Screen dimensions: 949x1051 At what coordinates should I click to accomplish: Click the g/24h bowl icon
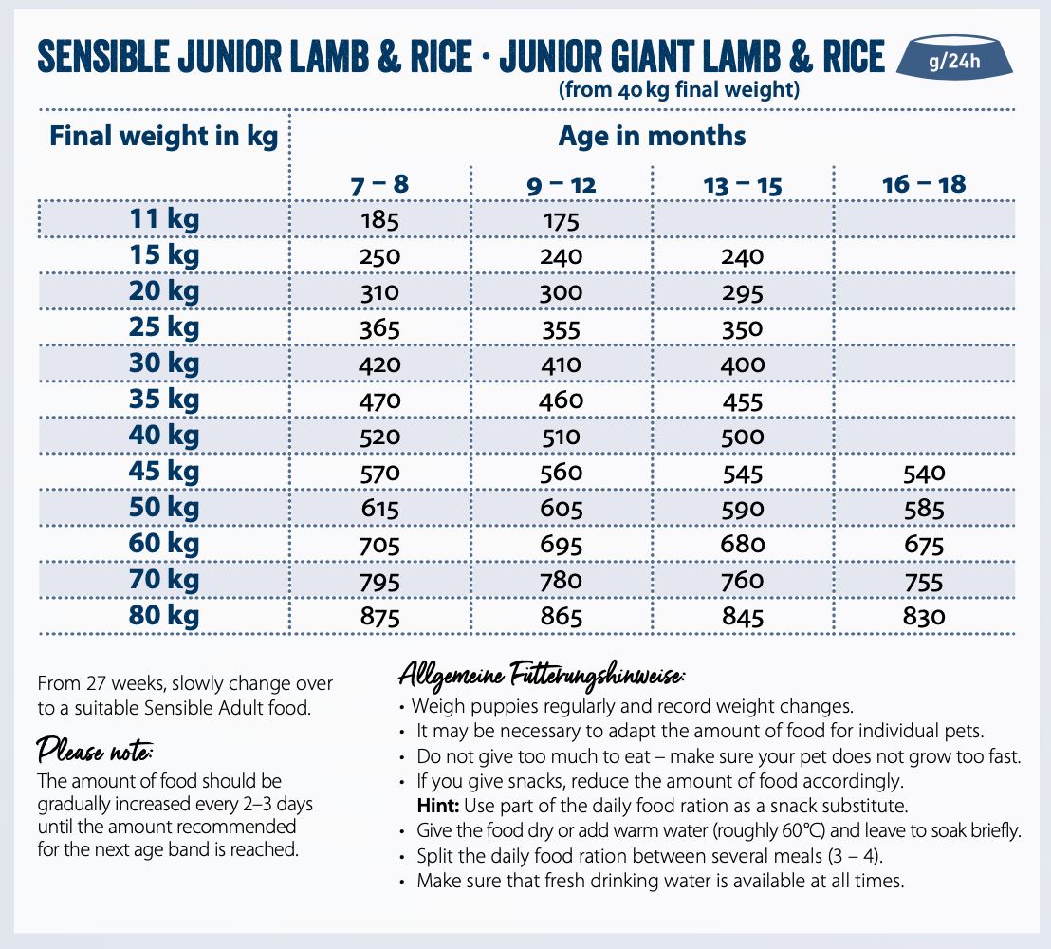pos(959,61)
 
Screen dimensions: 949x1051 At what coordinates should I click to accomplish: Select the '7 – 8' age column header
pos(379,184)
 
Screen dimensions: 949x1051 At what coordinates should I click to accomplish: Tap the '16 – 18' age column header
pos(924,184)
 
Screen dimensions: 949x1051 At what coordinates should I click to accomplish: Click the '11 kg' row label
pos(164,220)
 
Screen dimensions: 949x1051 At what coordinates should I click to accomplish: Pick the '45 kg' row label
pos(164,472)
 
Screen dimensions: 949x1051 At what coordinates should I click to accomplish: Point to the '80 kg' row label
pos(164,616)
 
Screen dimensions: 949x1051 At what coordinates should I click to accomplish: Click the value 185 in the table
pos(380,221)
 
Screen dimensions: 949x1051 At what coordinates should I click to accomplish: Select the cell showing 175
pos(561,221)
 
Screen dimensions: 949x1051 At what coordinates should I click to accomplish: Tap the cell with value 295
pos(743,293)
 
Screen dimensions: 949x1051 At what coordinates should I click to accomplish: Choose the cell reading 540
pos(924,473)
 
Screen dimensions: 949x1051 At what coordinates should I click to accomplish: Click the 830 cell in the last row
pos(924,617)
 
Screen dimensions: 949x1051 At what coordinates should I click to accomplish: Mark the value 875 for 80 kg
pos(380,617)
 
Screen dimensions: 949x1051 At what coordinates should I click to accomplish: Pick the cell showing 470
pos(380,401)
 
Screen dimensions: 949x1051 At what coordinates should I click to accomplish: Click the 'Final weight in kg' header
pos(164,136)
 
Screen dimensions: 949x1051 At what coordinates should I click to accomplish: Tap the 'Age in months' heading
pos(653,136)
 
